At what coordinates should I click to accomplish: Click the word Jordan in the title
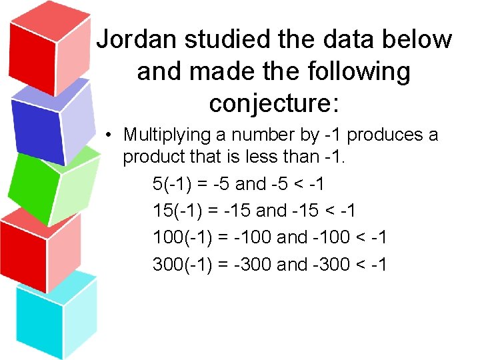click(x=137, y=40)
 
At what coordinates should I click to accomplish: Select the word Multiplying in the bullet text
click(x=167, y=135)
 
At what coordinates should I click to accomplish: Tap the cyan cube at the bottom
click(x=57, y=317)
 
